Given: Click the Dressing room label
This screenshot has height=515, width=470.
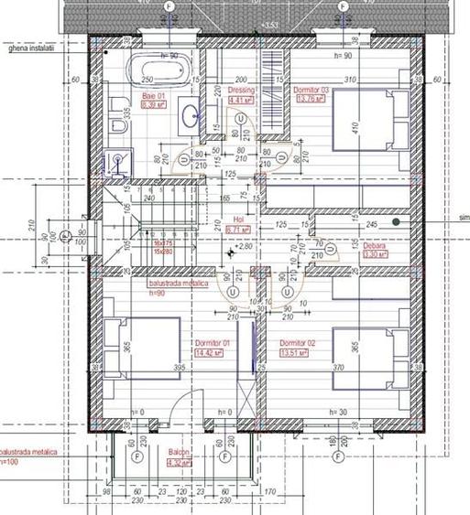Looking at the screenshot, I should [x=240, y=91].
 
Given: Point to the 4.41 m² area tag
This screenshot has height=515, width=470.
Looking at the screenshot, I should [x=240, y=102].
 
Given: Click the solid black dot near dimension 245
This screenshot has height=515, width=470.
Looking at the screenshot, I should [x=396, y=221].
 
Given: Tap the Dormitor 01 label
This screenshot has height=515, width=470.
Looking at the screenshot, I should [x=211, y=342].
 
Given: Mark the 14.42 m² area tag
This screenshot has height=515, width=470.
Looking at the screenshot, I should [x=210, y=352].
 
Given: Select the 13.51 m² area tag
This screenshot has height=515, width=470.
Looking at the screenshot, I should [x=295, y=352].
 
